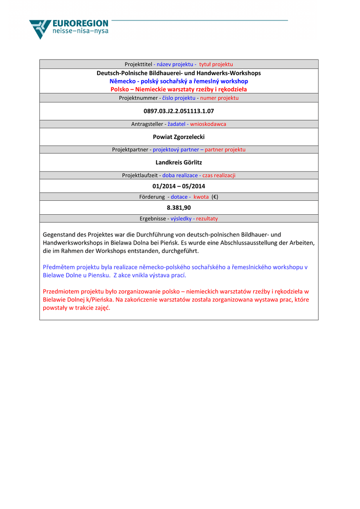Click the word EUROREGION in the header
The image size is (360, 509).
coord(80,23)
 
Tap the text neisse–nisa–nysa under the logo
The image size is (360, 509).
coord(80,31)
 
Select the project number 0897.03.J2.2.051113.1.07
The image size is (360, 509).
coord(179,111)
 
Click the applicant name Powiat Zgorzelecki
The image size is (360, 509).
coord(179,137)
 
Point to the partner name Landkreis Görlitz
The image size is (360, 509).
coord(179,163)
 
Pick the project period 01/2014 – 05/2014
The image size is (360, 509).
coord(179,186)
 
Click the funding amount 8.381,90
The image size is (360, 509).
coord(179,208)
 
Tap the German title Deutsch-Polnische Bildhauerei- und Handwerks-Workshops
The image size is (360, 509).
coord(179,73)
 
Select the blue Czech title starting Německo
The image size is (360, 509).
coord(179,81)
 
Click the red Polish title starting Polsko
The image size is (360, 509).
coord(179,89)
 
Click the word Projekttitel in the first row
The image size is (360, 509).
coord(138,64)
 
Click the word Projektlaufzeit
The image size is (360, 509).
coord(140,175)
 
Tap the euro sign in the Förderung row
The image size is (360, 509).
coord(215,197)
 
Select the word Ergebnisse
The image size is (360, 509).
coord(153,219)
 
